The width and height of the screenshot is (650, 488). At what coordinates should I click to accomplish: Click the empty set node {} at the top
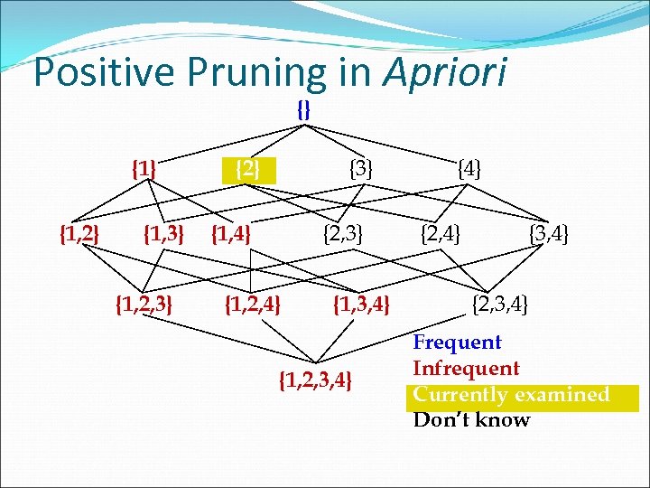[304, 110]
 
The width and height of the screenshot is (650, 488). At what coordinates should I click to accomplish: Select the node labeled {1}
[144, 168]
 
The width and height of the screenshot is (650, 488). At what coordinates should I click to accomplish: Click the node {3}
[361, 168]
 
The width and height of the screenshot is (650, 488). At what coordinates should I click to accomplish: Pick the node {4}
[469, 168]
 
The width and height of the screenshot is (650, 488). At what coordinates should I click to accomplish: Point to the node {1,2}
[79, 236]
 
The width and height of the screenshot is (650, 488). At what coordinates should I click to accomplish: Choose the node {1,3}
[164, 236]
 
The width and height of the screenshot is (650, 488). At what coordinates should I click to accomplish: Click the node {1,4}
[230, 236]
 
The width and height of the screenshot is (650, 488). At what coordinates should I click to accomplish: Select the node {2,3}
[343, 236]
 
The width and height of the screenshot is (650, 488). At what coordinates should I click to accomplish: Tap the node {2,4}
[441, 236]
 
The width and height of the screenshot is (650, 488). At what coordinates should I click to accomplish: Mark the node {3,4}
[549, 237]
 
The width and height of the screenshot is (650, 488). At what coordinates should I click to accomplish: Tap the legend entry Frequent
[457, 343]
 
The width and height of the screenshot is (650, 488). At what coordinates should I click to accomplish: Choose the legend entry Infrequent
[466, 369]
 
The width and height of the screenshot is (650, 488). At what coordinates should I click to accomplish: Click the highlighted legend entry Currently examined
[511, 395]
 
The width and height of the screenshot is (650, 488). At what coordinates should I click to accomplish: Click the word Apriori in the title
[446, 72]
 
